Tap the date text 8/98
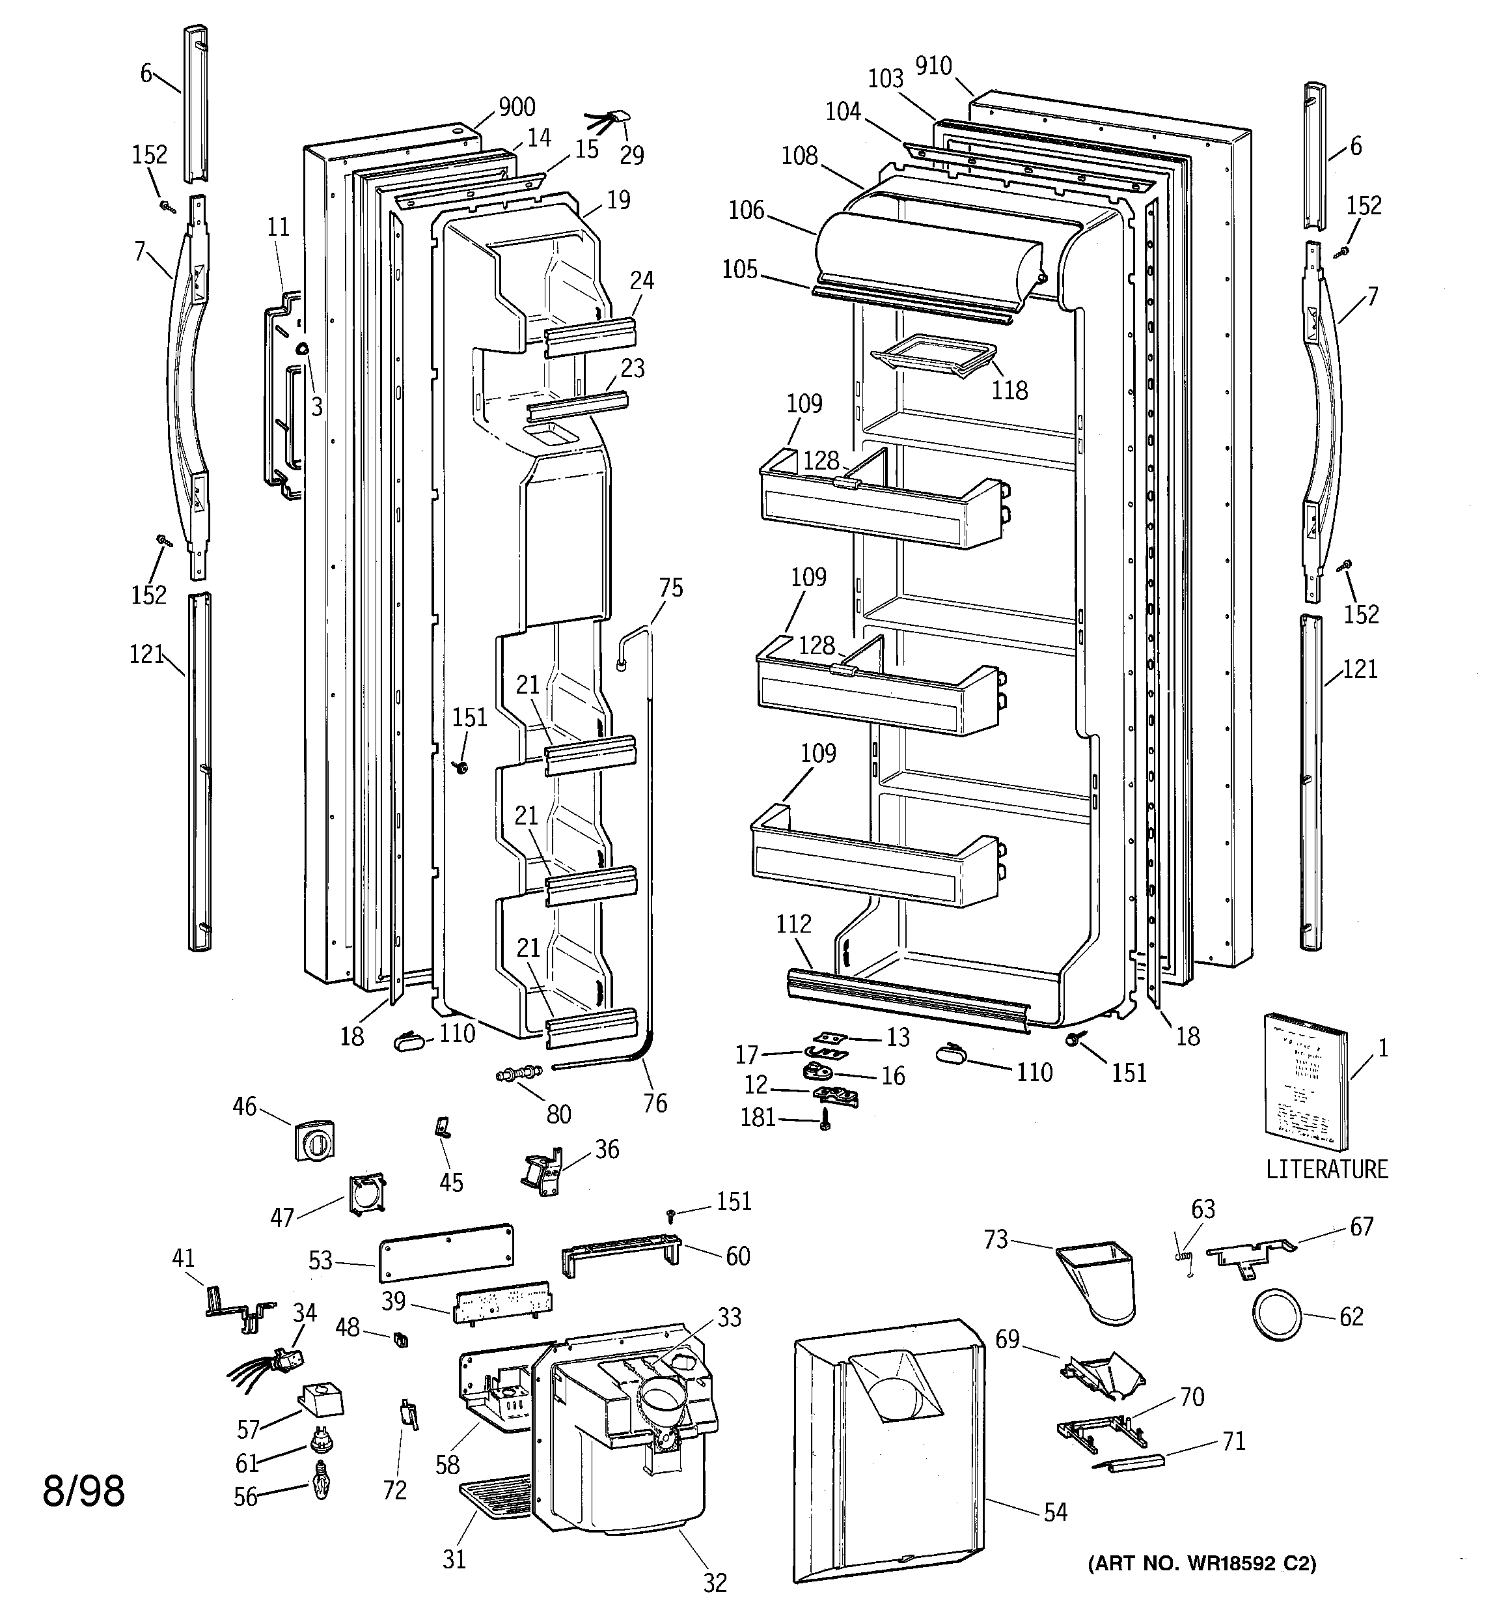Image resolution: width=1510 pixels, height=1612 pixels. (x=83, y=1490)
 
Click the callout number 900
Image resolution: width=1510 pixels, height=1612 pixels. (x=516, y=107)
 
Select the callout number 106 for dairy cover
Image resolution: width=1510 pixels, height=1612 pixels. (x=746, y=210)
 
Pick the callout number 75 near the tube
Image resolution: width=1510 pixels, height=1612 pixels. (x=670, y=588)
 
